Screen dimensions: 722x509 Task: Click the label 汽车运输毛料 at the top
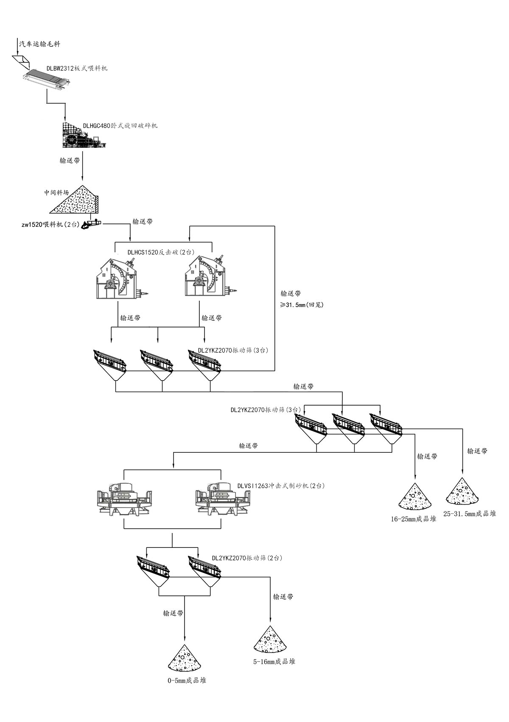[39, 44]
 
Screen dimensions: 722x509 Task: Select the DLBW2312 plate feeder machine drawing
[46, 79]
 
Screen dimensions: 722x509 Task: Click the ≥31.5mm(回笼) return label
[302, 305]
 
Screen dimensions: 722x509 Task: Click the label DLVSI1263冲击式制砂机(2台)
[281, 486]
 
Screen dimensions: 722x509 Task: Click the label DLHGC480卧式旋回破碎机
[120, 126]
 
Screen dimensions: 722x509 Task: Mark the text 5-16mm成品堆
[274, 661]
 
